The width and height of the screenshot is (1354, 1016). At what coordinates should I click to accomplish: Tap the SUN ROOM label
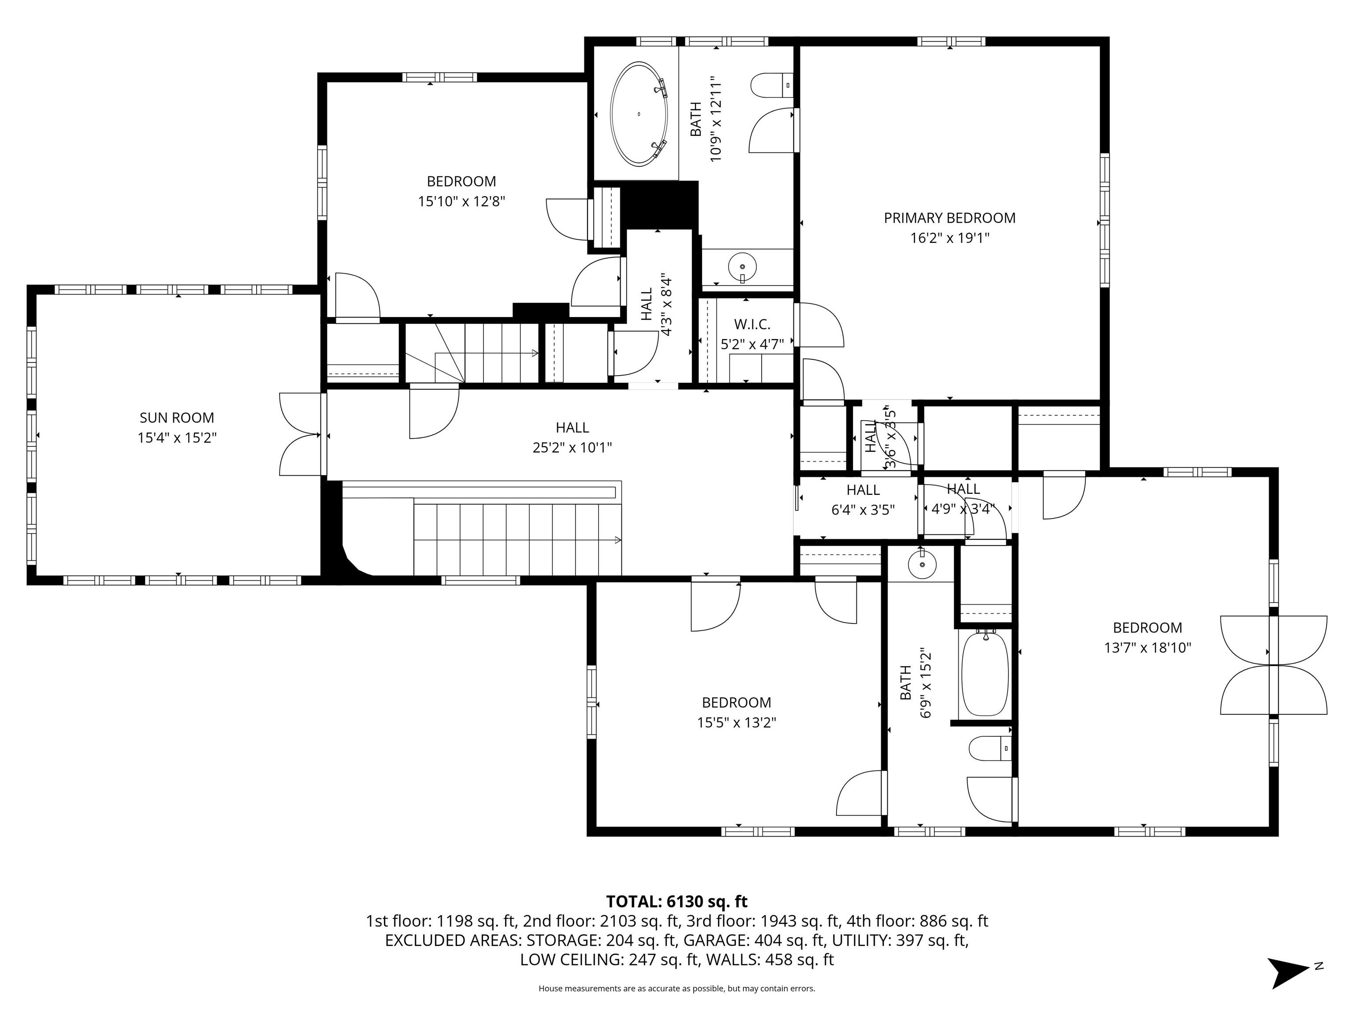click(177, 418)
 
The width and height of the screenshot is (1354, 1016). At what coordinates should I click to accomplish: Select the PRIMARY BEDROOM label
click(949, 218)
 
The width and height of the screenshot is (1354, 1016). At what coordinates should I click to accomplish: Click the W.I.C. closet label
click(751, 325)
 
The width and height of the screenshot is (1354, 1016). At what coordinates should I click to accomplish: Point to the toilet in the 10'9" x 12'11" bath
click(772, 85)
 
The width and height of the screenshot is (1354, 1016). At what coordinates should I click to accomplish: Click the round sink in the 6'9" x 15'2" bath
click(922, 564)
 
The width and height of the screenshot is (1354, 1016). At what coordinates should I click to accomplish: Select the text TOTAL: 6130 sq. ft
click(677, 901)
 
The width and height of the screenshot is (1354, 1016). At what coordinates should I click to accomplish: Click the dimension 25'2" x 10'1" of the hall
click(573, 448)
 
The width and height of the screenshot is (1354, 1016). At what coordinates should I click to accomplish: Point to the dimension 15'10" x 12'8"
click(461, 202)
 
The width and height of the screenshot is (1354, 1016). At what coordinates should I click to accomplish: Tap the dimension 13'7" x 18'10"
click(1148, 648)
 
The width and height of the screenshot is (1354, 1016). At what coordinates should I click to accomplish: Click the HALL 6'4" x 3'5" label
click(863, 500)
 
